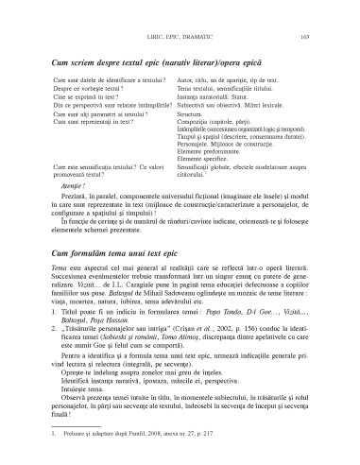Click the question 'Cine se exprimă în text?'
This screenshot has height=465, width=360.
91,97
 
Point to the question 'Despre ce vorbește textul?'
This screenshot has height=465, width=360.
94,89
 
